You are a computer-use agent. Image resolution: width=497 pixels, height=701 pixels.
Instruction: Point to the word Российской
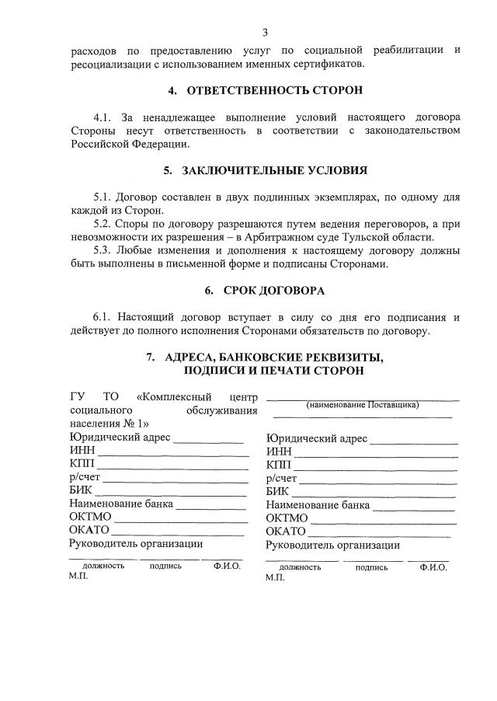coord(97,144)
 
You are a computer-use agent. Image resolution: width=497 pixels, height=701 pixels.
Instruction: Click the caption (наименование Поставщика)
coord(363,405)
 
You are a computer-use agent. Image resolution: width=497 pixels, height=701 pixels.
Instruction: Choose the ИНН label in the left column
coord(82,452)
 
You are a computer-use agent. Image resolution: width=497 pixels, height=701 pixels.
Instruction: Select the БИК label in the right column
coord(277,491)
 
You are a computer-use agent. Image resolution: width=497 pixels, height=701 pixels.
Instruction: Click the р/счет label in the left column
coord(85,478)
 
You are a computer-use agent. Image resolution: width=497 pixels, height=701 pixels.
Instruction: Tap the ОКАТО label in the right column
coord(286,531)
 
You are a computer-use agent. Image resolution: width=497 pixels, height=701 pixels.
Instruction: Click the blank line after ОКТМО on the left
coord(182,518)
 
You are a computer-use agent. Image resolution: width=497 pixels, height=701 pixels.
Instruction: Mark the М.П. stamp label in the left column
coord(79,577)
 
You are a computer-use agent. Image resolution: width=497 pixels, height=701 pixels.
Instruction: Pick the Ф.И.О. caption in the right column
coord(433,567)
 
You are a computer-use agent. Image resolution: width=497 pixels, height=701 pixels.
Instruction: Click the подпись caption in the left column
coord(165,566)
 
